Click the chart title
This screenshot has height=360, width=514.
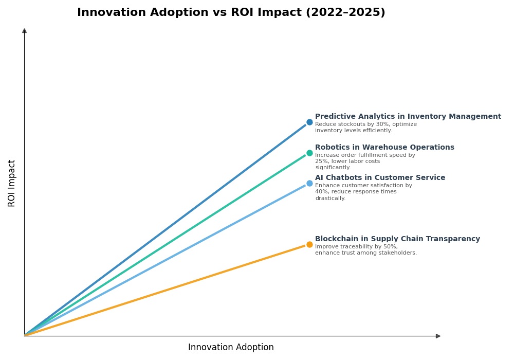pos(231,13)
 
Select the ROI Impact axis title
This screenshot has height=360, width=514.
pos(12,183)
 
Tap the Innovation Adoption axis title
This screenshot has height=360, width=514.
pos(231,348)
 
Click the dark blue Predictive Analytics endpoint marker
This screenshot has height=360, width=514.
pos(309,122)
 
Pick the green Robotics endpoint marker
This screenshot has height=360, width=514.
pos(309,153)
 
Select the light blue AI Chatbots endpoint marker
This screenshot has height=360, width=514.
pos(309,184)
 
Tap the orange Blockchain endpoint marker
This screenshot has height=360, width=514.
pos(309,245)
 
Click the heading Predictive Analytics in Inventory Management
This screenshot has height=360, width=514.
pos(408,117)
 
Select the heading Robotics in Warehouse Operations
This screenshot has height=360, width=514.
pos(384,148)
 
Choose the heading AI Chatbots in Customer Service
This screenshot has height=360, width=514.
pos(380,178)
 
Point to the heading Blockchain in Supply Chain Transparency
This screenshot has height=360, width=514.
pos(397,239)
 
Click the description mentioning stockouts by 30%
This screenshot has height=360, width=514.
pos(365,128)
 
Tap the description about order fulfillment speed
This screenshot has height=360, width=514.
pos(365,161)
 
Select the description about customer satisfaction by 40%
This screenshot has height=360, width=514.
pos(363,192)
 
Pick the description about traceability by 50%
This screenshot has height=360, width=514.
pos(365,250)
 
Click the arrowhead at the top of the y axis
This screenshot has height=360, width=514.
pos(24,31)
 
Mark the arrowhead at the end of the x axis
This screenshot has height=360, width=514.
pos(438,336)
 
